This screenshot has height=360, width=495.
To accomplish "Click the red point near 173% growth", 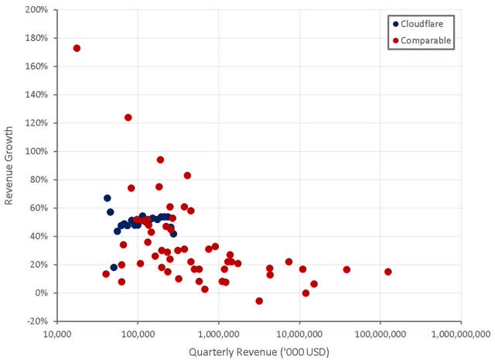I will coord(77,48).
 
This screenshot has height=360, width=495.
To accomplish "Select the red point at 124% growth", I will coord(128,118).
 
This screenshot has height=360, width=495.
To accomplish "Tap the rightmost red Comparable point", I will coord(387,272).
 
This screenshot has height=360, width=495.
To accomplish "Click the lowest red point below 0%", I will coord(259,300).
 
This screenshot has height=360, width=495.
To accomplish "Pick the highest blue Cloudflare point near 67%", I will coord(108,198).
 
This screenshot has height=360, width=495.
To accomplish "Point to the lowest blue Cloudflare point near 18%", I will coord(114,267).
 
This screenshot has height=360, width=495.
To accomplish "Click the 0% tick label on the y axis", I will coord(41,293).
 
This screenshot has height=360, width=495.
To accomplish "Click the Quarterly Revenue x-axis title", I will coord(259,351).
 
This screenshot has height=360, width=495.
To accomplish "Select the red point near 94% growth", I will coord(161,159).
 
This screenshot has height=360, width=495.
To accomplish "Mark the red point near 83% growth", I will coord(187,176).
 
